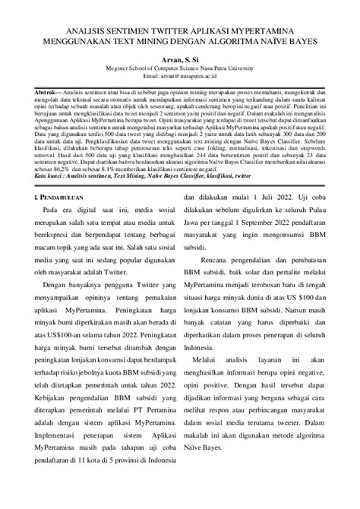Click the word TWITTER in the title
tap(155, 23)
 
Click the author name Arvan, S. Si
tap(180, 56)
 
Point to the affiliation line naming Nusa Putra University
tap(180, 67)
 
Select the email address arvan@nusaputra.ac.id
tap(180, 77)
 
